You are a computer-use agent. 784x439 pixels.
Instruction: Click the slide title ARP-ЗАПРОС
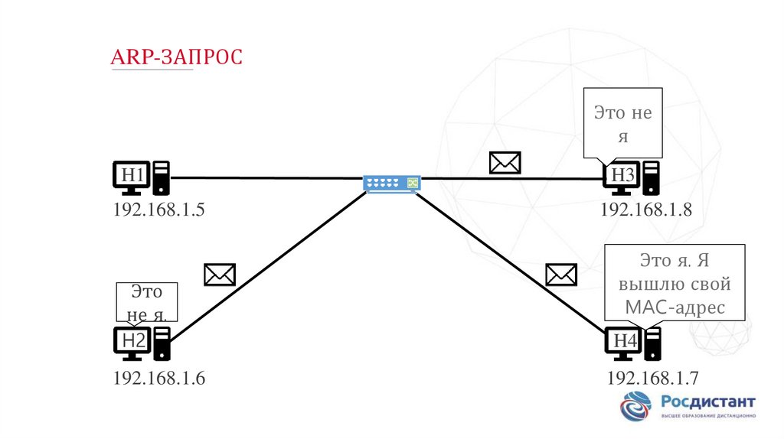[x=177, y=57]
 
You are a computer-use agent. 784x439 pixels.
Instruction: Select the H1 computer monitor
[x=132, y=177]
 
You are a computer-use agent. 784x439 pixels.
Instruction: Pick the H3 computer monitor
[x=621, y=177]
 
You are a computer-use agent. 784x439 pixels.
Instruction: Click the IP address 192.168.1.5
[x=159, y=210]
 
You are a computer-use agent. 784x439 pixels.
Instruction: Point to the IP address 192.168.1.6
[x=159, y=378]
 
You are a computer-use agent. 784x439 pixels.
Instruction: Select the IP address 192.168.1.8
[x=646, y=210]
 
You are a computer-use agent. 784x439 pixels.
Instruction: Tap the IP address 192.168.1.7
[x=652, y=378]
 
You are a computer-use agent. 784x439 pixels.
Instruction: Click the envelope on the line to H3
[x=505, y=162]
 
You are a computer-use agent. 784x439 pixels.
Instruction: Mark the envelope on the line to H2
[x=220, y=275]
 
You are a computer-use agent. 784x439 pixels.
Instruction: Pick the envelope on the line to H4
[x=561, y=275]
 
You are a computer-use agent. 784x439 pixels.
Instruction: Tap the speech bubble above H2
[x=146, y=302]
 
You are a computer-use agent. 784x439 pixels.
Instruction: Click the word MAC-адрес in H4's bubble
[x=675, y=308]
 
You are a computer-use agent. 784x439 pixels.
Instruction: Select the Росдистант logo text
[x=707, y=402]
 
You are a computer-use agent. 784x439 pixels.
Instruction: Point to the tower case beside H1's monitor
[x=161, y=177]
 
